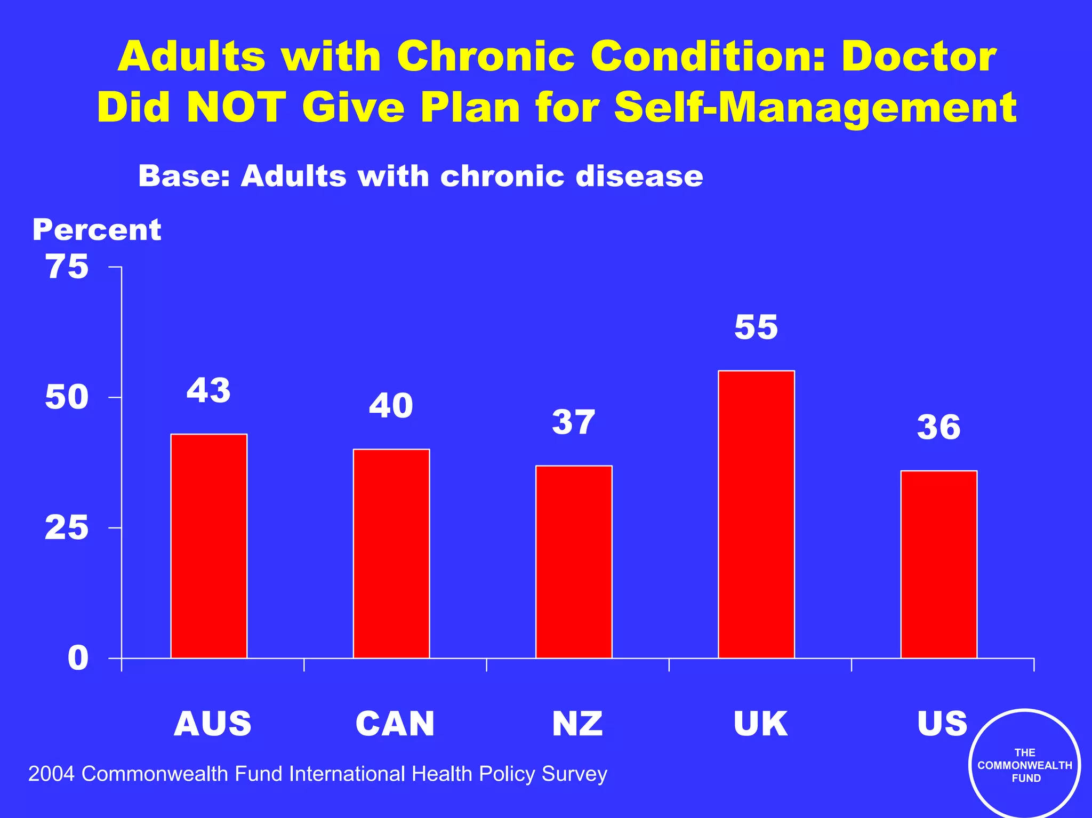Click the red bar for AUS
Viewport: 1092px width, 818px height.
(208, 546)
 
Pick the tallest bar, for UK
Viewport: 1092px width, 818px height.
(756, 514)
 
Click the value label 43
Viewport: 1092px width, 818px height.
(208, 390)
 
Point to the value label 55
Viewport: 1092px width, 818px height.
(756, 327)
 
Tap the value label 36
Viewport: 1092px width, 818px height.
(938, 427)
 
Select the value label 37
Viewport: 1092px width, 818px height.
(573, 422)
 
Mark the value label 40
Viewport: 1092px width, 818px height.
(391, 406)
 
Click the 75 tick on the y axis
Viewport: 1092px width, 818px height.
(67, 267)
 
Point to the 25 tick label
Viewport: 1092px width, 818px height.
(67, 528)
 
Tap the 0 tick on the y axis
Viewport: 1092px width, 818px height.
(78, 659)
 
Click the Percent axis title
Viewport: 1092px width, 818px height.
(97, 230)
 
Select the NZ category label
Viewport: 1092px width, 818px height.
(577, 724)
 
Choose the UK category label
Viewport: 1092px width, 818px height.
(760, 724)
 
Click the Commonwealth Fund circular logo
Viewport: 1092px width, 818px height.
(1024, 765)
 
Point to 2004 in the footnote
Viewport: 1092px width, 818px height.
(52, 774)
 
